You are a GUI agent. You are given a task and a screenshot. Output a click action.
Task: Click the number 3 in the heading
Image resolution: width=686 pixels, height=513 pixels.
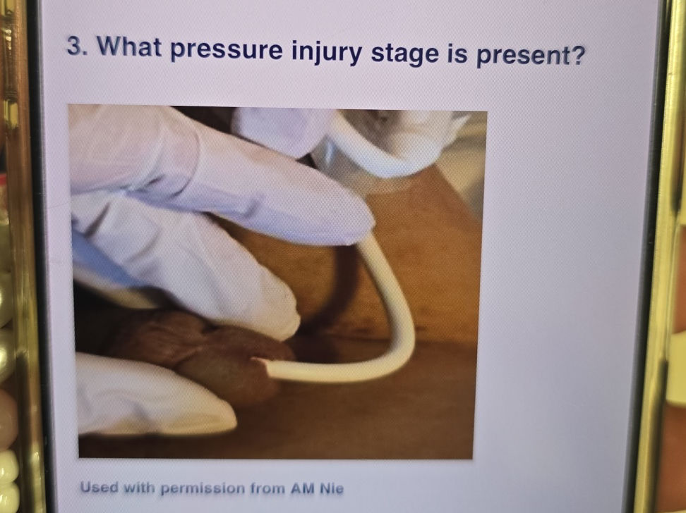(76, 47)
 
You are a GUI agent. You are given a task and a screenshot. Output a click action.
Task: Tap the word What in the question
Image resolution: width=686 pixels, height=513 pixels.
(130, 47)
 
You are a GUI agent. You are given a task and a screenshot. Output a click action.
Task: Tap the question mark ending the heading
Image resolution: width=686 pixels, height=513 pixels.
(577, 56)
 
